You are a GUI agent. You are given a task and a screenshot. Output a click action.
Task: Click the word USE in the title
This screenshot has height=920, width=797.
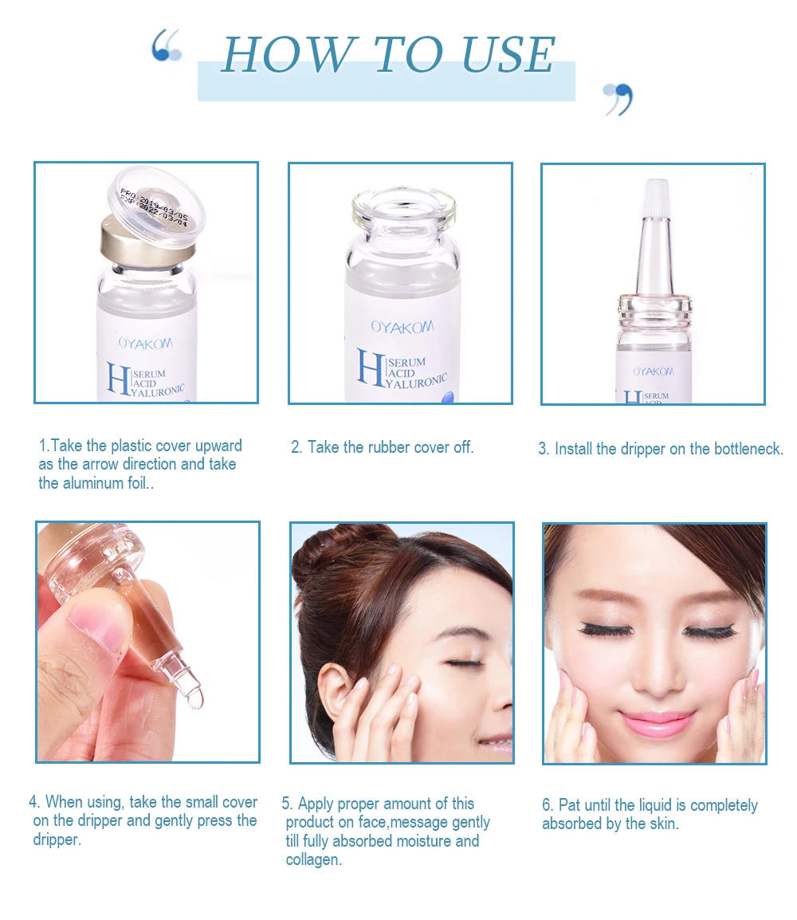click(x=507, y=54)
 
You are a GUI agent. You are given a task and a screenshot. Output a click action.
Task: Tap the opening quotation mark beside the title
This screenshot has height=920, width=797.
click(x=166, y=45)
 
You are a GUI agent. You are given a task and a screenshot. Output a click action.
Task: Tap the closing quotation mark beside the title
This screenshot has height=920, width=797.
click(x=618, y=98)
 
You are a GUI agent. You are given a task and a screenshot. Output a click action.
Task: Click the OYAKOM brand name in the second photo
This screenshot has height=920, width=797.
click(x=402, y=327)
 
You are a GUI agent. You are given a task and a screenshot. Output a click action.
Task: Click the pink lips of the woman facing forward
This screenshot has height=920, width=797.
click(x=654, y=721)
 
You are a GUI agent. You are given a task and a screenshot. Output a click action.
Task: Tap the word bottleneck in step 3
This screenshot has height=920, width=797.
click(x=747, y=449)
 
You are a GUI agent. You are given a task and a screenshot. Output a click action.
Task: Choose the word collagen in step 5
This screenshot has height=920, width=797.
click(x=314, y=860)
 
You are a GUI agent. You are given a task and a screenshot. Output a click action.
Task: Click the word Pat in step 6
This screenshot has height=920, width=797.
click(x=568, y=804)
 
